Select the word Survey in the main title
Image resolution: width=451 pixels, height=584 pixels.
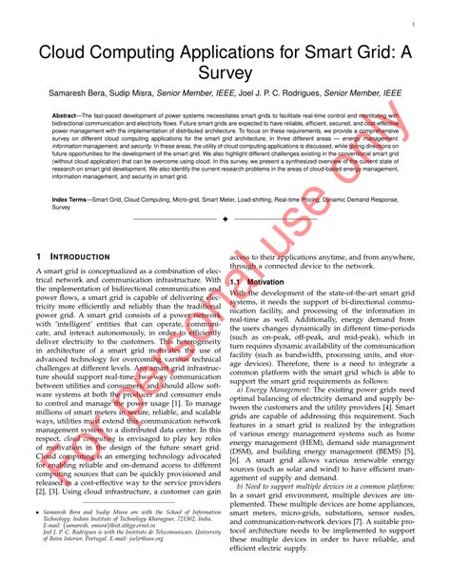click(225, 72)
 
